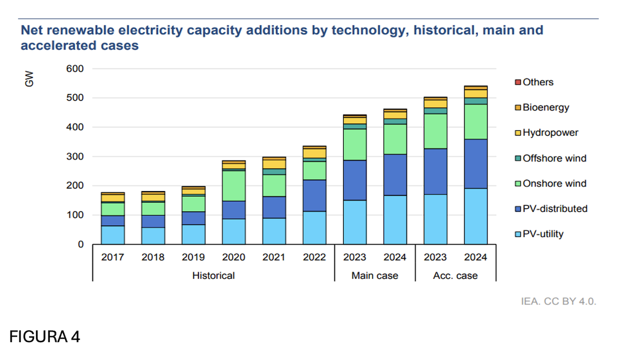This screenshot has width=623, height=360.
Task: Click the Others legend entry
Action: (534, 82)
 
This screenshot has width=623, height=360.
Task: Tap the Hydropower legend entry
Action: (547, 132)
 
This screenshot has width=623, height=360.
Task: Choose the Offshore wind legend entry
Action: (551, 158)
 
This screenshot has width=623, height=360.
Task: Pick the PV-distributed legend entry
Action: (551, 209)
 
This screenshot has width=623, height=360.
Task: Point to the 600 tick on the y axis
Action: (75, 69)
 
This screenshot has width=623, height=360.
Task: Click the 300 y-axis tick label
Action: (75, 157)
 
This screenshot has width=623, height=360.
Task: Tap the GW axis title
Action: (29, 79)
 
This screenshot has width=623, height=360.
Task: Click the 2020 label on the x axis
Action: (234, 257)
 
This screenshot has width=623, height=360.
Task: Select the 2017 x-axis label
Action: (113, 257)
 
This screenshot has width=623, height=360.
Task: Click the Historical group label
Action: (213, 276)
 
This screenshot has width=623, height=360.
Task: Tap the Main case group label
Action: (375, 276)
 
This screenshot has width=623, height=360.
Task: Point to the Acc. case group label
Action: (455, 276)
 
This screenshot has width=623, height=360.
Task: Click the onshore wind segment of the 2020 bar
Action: (234, 186)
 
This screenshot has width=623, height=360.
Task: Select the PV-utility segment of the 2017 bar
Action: (113, 235)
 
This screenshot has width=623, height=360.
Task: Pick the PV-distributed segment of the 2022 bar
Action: (314, 195)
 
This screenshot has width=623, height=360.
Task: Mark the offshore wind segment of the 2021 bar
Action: (274, 171)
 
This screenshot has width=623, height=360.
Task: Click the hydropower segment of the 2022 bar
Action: (314, 153)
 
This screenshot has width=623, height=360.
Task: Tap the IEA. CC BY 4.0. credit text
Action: (559, 302)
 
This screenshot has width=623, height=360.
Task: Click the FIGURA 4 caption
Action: (45, 337)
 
